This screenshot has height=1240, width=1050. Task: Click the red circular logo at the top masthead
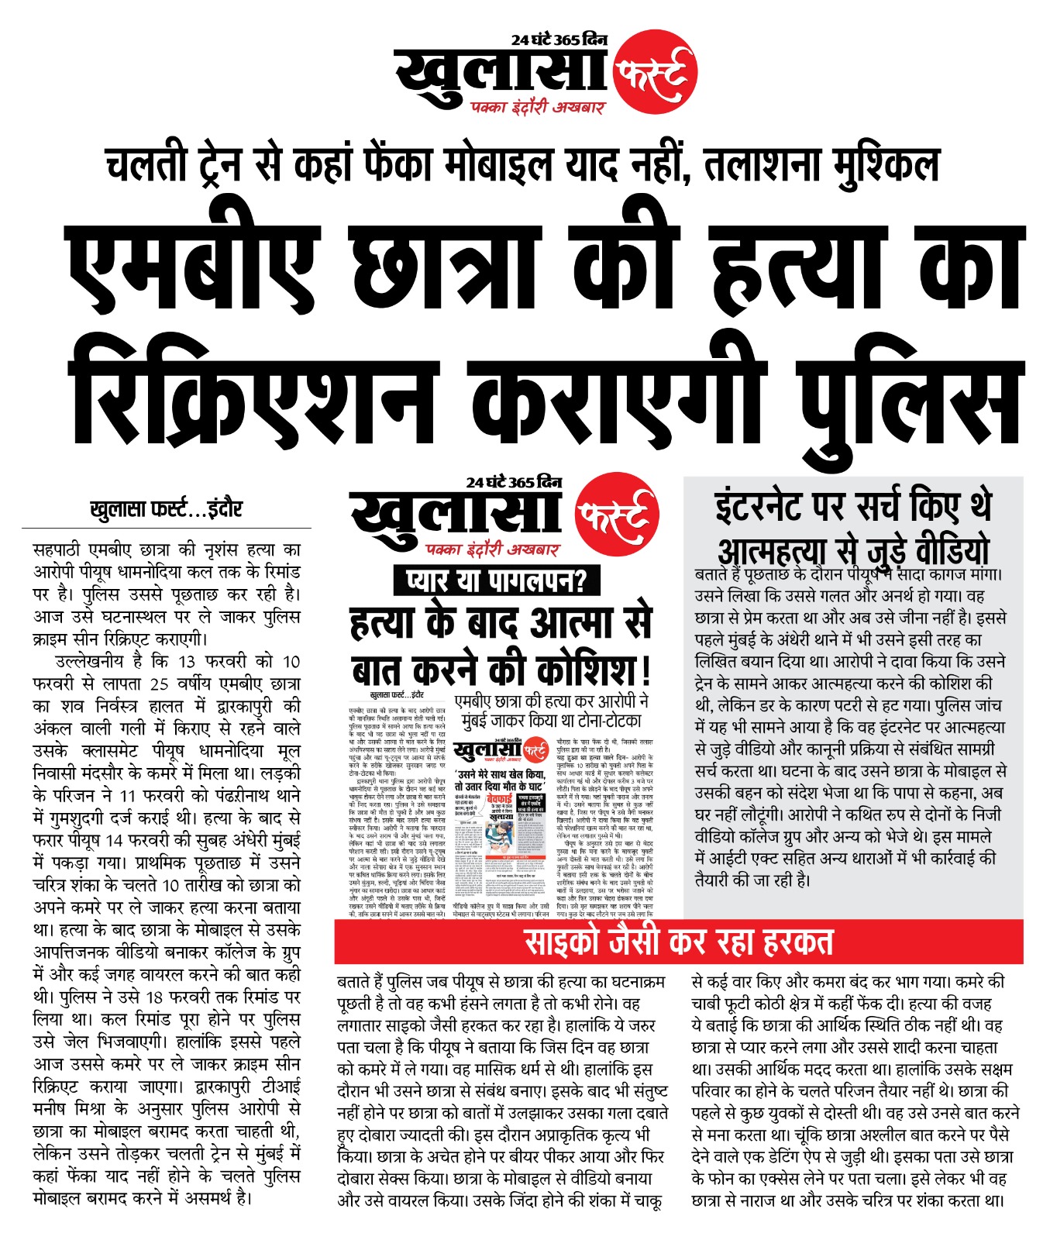(655, 73)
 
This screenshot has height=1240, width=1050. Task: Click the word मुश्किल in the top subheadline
(889, 164)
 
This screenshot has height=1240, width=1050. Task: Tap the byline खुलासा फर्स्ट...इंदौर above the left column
(166, 509)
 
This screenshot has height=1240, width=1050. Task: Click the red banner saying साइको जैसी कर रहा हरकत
(678, 942)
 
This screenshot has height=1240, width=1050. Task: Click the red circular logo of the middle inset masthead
(617, 514)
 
